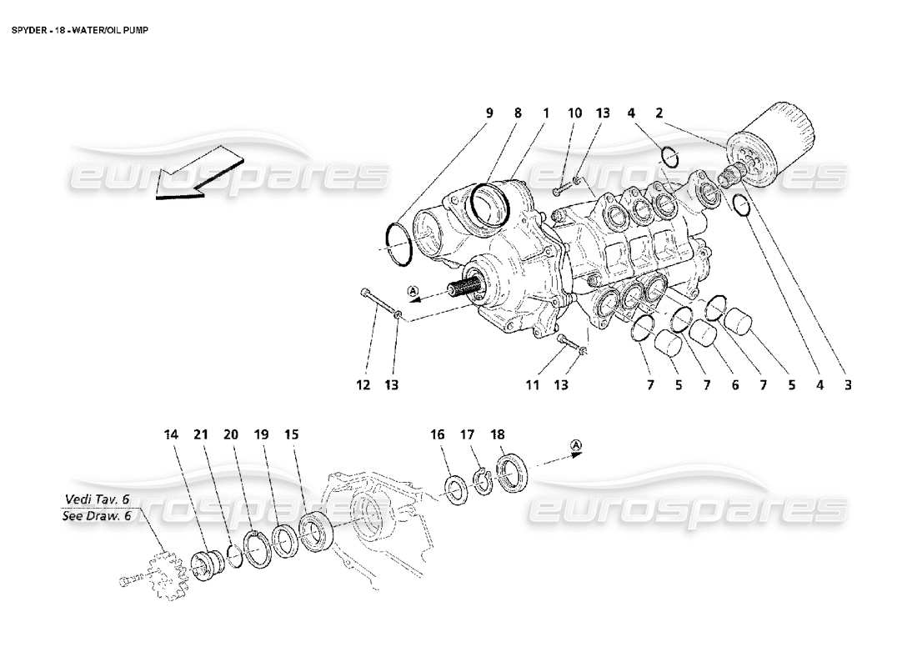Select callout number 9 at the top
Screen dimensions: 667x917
point(489,113)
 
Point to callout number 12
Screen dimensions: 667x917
point(363,384)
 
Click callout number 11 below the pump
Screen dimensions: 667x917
point(533,384)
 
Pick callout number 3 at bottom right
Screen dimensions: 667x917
point(846,384)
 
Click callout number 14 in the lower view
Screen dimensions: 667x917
point(172,434)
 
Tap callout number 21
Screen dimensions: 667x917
point(201,434)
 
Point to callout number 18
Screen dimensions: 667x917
point(498,434)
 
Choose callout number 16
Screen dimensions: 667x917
point(438,434)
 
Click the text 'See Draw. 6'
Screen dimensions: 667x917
point(97,516)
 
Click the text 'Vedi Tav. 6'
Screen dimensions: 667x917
point(97,499)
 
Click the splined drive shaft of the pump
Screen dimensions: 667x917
point(466,290)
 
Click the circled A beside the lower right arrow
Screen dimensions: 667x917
point(576,448)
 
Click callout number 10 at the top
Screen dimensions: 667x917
point(574,113)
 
